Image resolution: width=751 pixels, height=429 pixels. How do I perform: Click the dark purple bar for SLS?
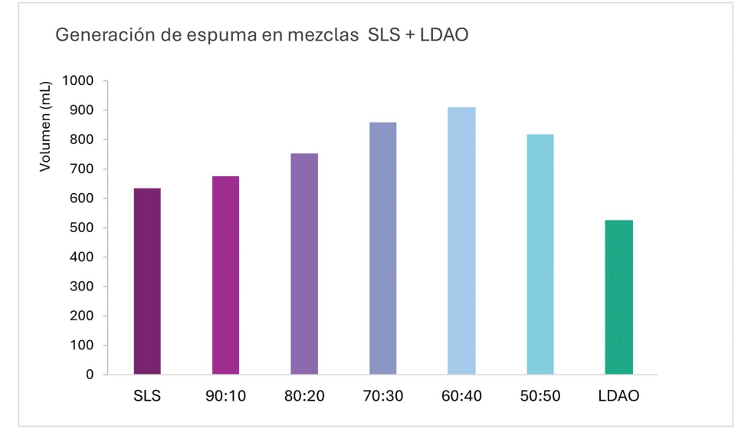click(x=146, y=281)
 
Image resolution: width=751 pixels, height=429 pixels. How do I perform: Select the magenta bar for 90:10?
click(x=225, y=275)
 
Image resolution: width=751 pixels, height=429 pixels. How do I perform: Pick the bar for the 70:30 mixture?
click(x=382, y=248)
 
